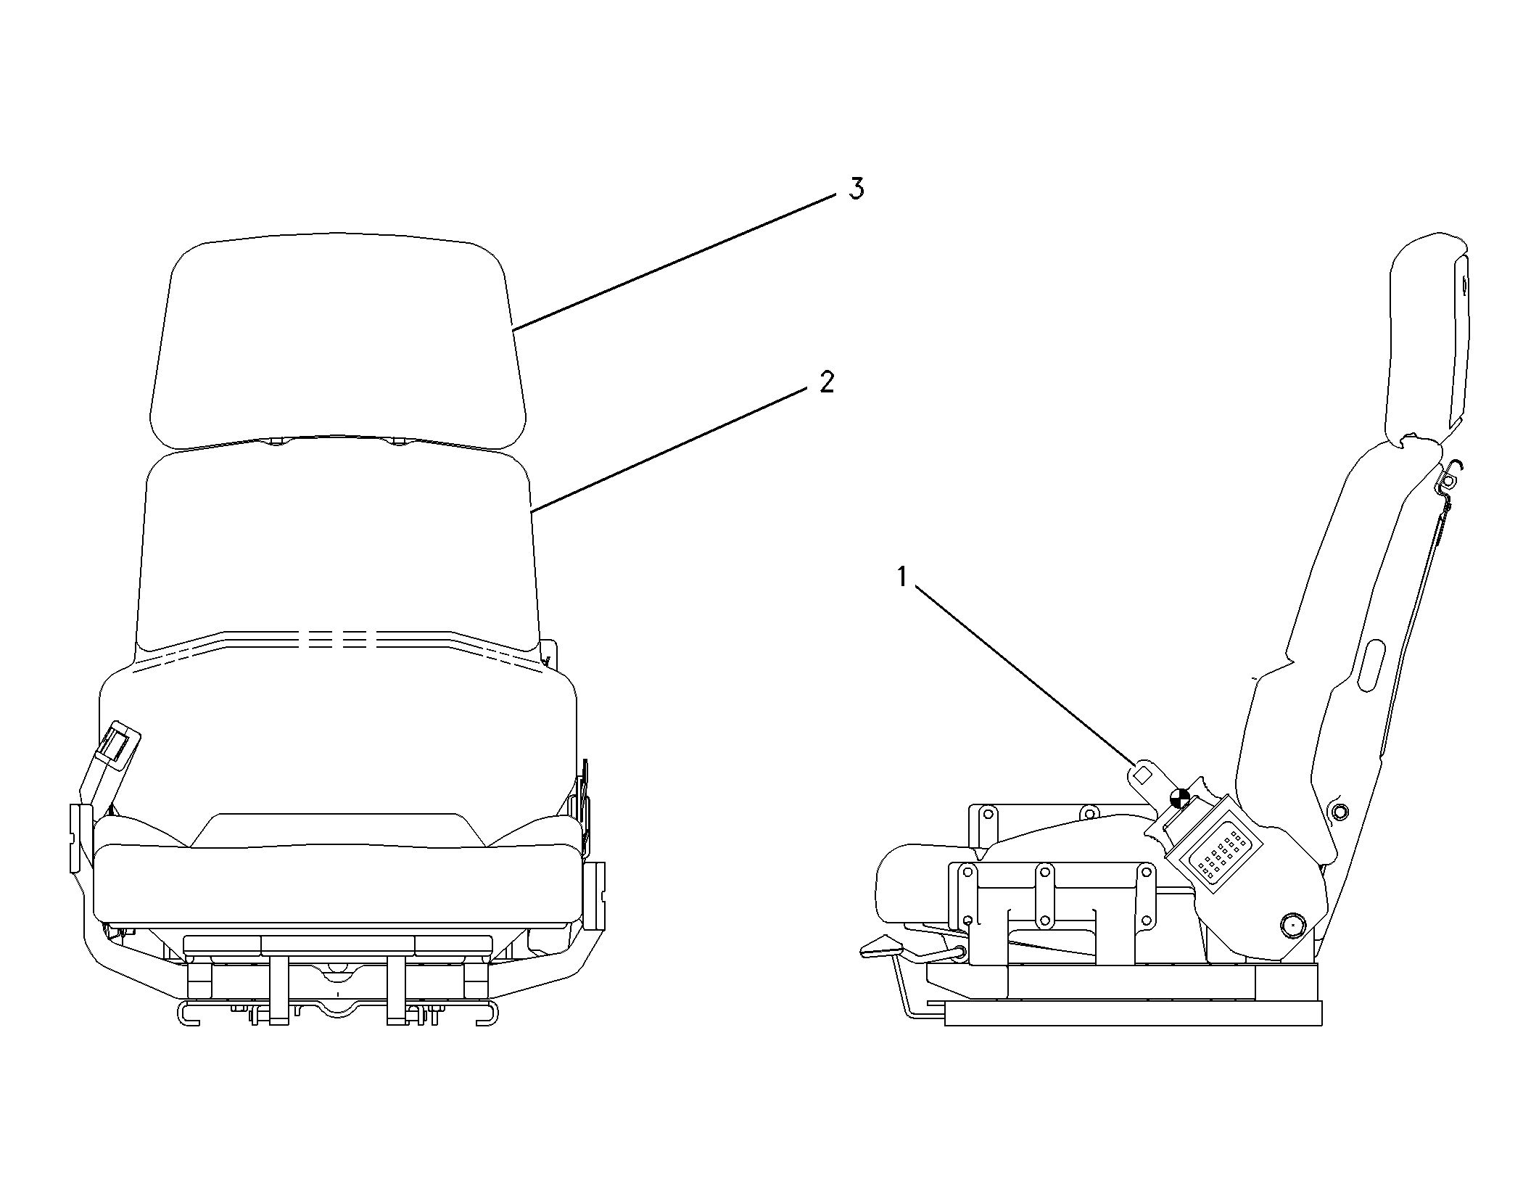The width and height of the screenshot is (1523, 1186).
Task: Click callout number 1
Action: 902,577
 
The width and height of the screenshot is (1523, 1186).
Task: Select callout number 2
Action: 827,382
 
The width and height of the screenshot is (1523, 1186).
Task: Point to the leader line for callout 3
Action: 674,262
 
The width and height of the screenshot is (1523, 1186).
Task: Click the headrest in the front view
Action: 337,341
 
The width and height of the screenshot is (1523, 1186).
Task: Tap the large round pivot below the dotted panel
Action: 1292,925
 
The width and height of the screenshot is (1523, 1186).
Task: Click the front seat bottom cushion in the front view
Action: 338,881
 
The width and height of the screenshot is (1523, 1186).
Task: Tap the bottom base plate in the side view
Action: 1134,1013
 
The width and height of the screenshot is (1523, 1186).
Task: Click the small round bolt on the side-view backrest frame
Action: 1339,810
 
